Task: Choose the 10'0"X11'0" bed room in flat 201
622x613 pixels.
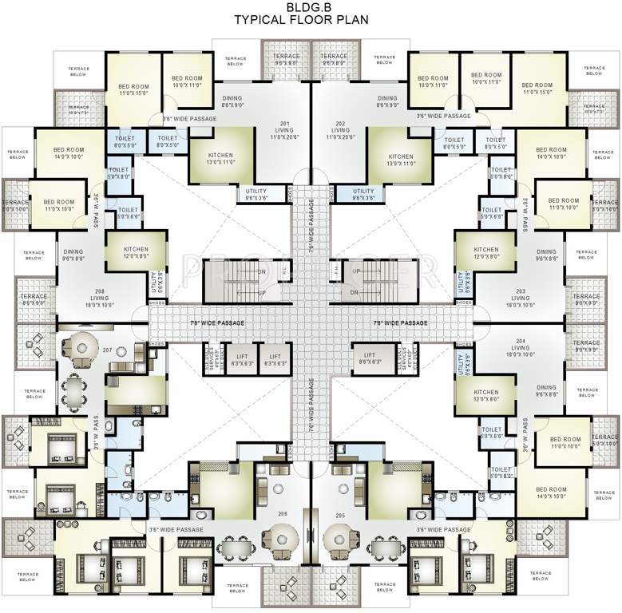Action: tap(188, 81)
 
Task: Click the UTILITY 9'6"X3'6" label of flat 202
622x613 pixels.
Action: tap(363, 194)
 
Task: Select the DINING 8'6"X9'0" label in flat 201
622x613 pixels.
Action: tap(232, 101)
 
